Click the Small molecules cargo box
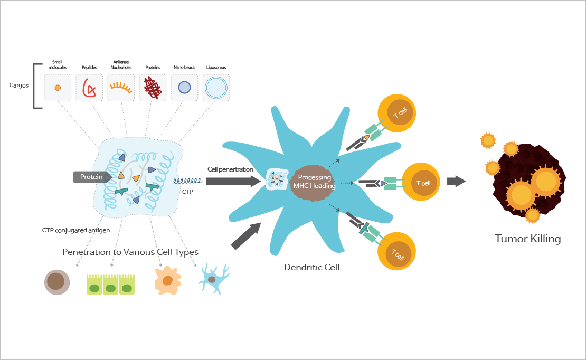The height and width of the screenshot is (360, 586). click(x=58, y=88)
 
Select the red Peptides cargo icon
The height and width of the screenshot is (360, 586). click(x=89, y=88)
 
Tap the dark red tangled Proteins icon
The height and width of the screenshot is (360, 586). click(x=153, y=88)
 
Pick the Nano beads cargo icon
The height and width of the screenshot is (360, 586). click(x=184, y=88)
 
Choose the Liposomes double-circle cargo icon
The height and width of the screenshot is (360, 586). click(x=216, y=88)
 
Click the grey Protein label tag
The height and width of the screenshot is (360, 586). click(x=92, y=177)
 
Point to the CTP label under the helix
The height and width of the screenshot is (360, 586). click(x=187, y=192)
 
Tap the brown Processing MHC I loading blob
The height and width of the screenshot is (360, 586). click(x=314, y=182)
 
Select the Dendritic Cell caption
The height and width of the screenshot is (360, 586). click(x=311, y=267)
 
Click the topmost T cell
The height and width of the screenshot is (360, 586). click(x=396, y=113)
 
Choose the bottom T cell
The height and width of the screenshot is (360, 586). click(x=396, y=252)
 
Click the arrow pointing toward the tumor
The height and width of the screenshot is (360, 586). click(x=456, y=181)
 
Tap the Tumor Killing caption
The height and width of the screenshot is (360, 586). click(x=527, y=239)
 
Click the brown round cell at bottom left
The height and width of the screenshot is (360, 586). click(x=56, y=282)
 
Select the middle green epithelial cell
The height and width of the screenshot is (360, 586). click(x=110, y=285)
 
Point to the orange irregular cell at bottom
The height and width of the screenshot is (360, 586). click(x=168, y=280)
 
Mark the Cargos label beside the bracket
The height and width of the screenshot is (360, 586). click(x=20, y=85)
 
